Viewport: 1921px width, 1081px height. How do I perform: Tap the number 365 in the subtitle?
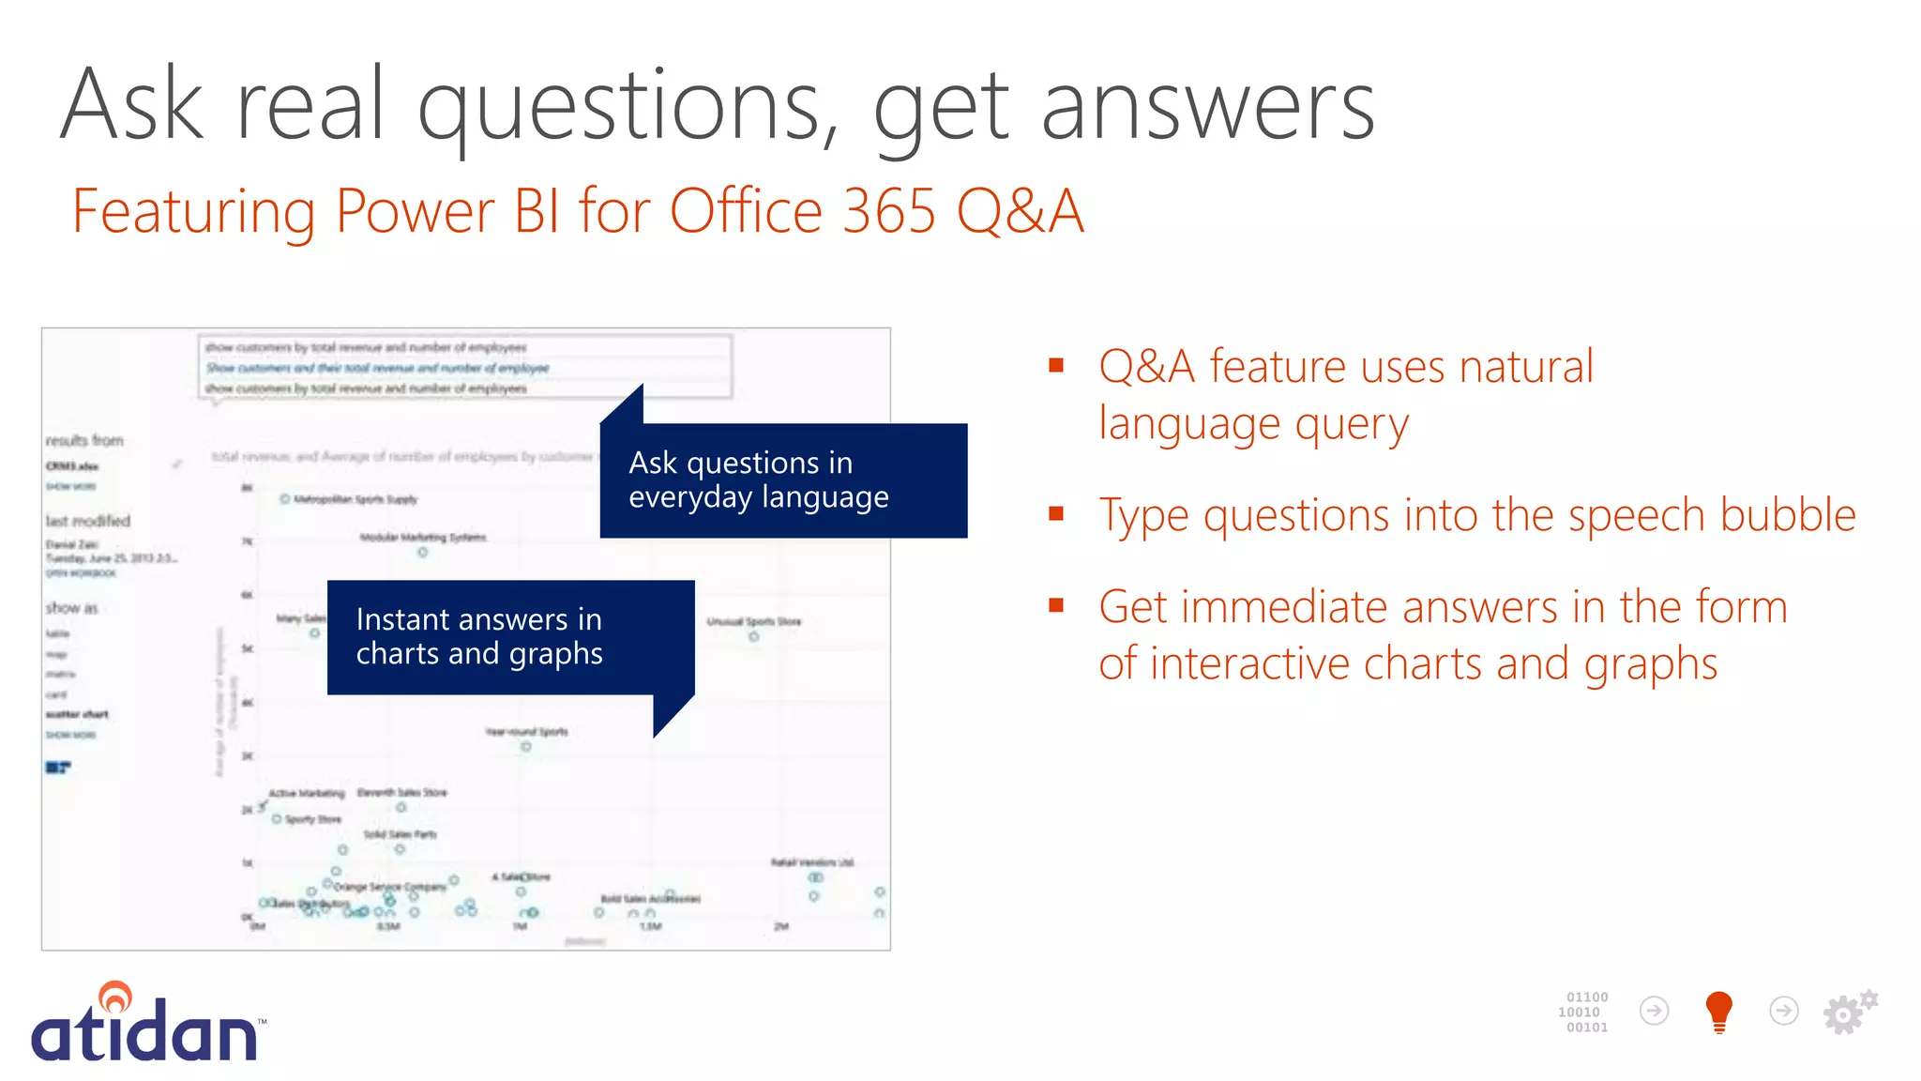(889, 211)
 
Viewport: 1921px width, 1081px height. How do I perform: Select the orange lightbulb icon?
(1718, 1012)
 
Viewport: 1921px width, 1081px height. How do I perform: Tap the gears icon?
(1849, 1012)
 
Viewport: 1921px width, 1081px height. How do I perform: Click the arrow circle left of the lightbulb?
(1654, 1011)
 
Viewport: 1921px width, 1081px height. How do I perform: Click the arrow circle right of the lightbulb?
(1783, 1011)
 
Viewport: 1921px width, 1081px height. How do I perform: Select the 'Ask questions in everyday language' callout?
(782, 480)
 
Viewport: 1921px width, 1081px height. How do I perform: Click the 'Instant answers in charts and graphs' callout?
(510, 637)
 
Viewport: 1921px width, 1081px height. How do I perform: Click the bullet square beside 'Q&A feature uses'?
(1056, 365)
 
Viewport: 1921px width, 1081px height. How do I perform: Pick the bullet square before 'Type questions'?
(1056, 513)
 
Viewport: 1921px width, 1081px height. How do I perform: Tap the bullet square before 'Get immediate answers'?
(1056, 605)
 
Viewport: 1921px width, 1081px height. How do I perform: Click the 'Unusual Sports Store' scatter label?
(753, 621)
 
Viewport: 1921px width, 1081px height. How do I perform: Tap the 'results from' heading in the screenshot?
(84, 440)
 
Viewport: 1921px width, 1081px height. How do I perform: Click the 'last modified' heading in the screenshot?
(88, 521)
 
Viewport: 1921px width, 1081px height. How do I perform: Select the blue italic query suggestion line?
(377, 368)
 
